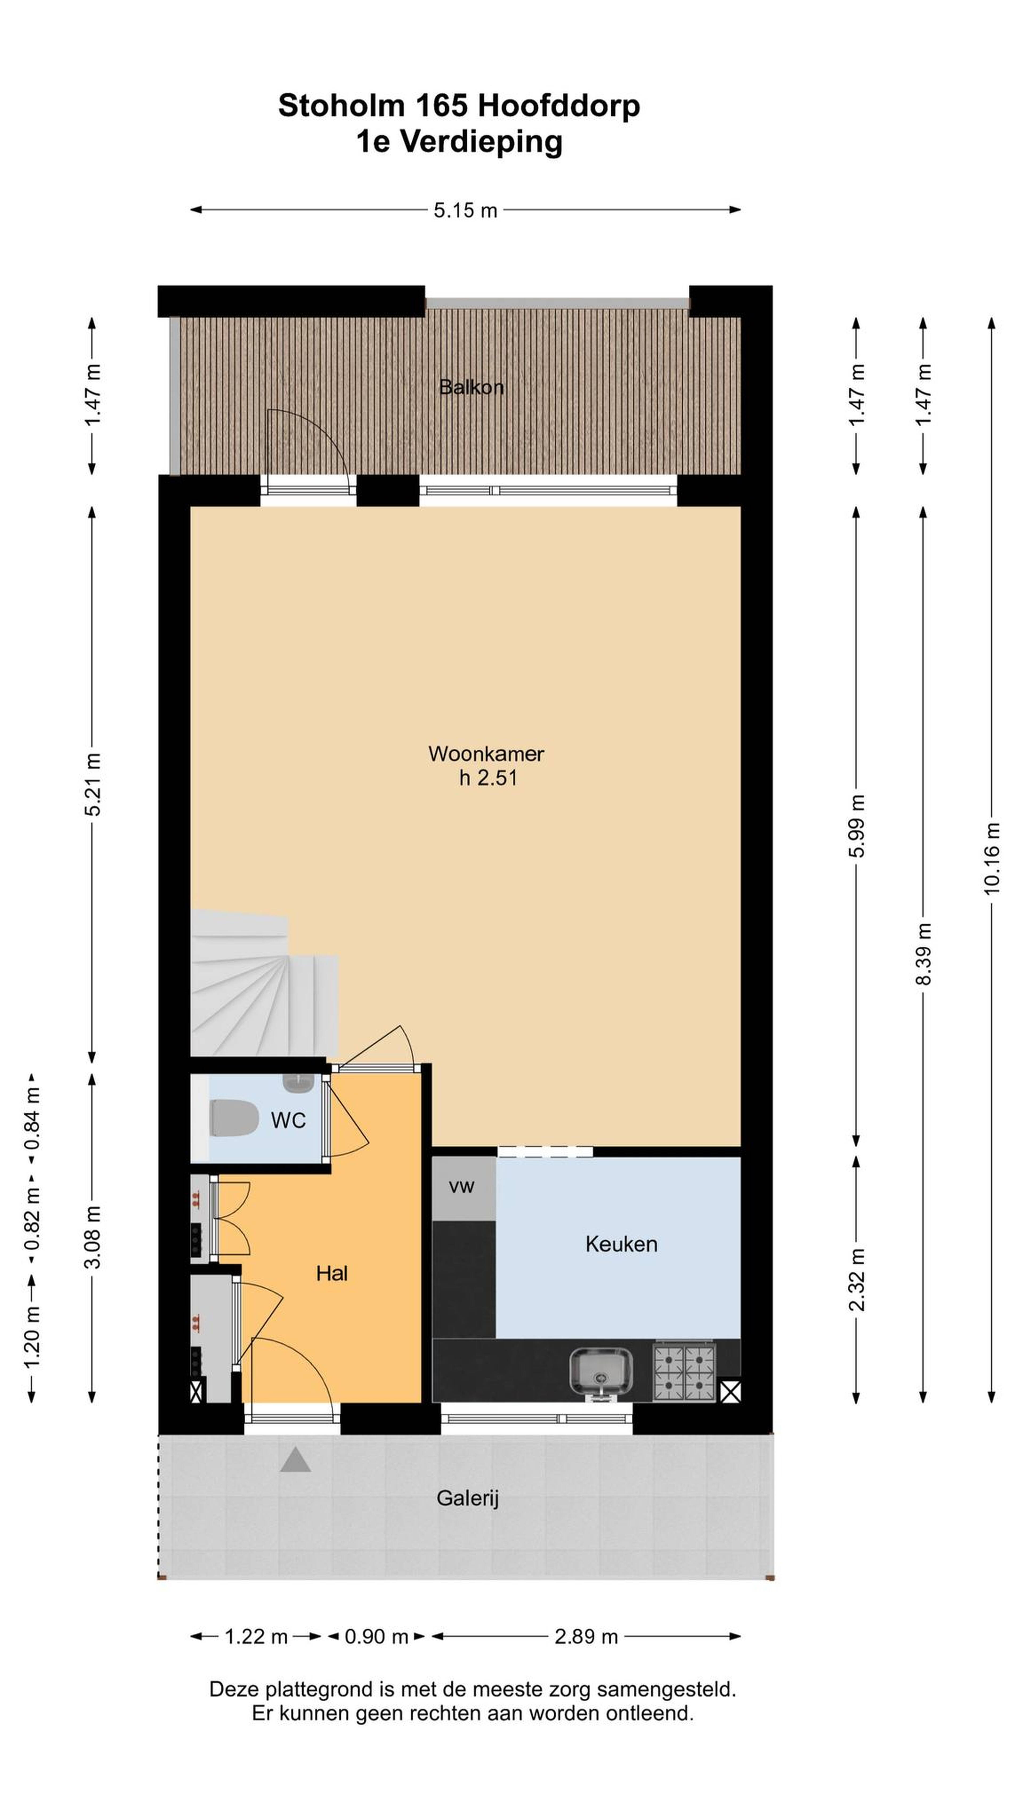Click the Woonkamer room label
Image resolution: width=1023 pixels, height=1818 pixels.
pyautogui.click(x=486, y=754)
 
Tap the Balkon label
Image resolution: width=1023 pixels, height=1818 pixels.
pyautogui.click(x=471, y=387)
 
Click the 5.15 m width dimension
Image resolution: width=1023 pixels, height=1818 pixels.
pyautogui.click(x=465, y=210)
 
